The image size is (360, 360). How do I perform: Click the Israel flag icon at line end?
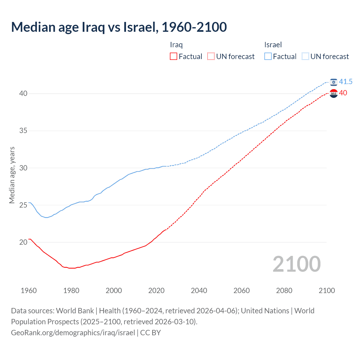pos(334,82)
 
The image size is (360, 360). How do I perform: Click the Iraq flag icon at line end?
pos(334,93)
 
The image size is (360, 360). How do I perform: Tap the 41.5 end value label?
pos(346,82)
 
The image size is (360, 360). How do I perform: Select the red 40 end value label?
pos(343,93)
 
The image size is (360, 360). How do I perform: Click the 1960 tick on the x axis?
pos(29,291)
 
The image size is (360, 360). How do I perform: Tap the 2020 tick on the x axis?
pos(156,291)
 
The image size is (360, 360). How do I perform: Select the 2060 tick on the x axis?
pos(242,291)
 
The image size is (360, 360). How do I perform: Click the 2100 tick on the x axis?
pos(327,291)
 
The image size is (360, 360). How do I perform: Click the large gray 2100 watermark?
pos(296,264)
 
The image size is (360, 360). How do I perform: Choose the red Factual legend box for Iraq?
pos(174,57)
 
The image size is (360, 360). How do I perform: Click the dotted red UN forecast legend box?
pos(211,57)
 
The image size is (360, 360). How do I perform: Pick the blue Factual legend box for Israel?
pos(268,57)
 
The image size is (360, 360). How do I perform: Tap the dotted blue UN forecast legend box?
pos(305,57)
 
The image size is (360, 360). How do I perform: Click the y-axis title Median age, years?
pos(12,175)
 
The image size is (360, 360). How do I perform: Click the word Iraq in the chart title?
pos(93,27)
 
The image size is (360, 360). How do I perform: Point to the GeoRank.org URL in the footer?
pos(73,333)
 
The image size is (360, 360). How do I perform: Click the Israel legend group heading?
pos(273,45)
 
